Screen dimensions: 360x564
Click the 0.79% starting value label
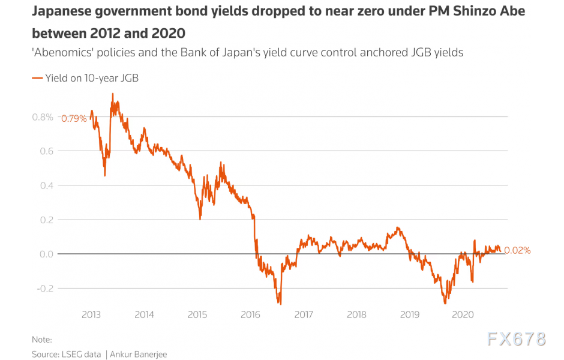74,119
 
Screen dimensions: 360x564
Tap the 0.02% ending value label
517,251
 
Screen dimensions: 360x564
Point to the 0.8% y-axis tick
43,117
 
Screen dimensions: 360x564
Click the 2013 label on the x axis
91,314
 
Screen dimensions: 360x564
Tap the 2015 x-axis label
197,314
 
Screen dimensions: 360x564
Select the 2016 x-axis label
250,314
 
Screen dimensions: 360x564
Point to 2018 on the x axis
356,314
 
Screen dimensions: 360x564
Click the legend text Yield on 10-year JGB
92,77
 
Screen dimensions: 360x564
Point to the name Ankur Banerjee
139,355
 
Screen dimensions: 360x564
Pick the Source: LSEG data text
67,355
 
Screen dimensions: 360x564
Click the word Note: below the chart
42,340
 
